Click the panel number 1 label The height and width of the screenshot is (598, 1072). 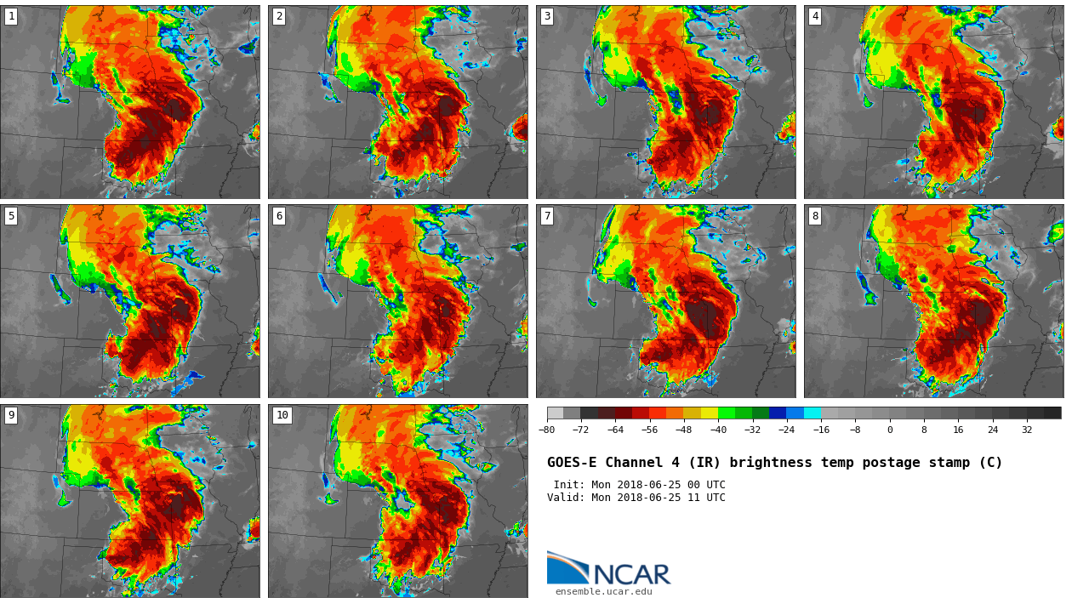[11, 16]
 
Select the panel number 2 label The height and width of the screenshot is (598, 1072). [279, 16]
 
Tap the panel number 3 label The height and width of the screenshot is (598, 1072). [547, 16]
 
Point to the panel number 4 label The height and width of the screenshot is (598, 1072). [815, 16]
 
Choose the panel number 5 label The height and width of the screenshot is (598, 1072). [11, 216]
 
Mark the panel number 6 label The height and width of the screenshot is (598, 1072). [279, 216]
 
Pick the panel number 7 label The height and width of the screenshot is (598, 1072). [547, 216]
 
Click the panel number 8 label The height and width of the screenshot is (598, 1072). [815, 216]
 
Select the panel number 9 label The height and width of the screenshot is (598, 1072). [11, 415]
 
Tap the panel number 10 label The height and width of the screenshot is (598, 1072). [282, 415]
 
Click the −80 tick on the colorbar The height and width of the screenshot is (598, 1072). [546, 430]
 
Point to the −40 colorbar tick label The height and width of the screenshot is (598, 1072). [718, 430]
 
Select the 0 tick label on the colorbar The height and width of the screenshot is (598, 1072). [890, 430]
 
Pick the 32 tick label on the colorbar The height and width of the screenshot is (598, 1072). [1027, 430]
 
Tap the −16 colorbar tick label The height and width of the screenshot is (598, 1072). [821, 430]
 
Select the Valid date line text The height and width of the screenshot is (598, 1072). [636, 498]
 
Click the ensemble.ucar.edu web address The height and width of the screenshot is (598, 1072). [603, 592]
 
